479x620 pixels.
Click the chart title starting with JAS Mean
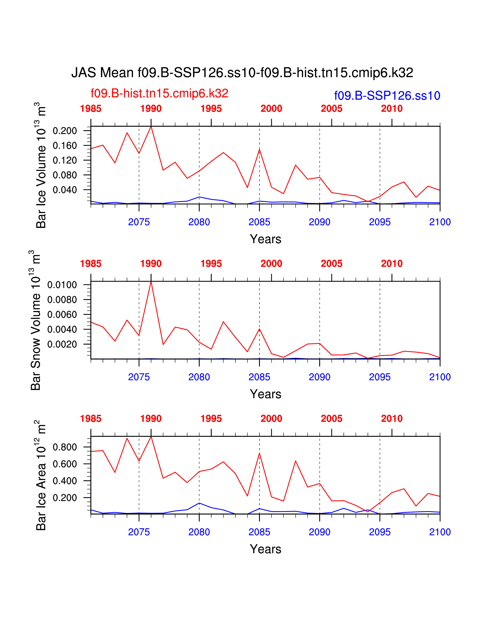(x=242, y=73)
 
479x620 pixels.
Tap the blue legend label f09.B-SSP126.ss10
(x=387, y=96)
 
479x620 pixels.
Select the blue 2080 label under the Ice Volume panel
(x=199, y=222)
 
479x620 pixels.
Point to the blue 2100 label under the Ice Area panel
(x=440, y=532)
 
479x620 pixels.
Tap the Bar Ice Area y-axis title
(x=41, y=476)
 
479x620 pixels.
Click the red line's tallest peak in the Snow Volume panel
(x=151, y=282)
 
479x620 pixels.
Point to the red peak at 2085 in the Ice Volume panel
(x=259, y=150)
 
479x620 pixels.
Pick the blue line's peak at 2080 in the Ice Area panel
(x=199, y=503)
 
